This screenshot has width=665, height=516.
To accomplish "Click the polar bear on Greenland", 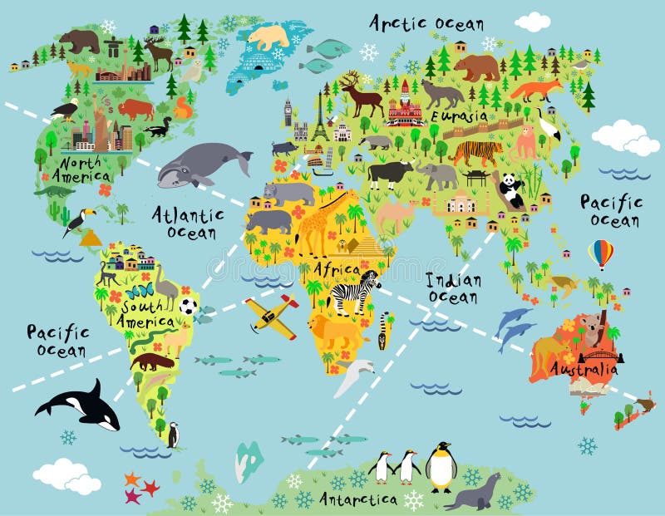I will (268, 36).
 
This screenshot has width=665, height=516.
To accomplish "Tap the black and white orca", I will (80, 405).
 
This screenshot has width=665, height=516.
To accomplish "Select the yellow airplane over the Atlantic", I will (272, 317).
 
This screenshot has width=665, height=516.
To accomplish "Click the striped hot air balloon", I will (600, 253).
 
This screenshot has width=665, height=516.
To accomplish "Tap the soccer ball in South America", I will (189, 306).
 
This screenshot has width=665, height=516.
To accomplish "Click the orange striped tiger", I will (475, 151).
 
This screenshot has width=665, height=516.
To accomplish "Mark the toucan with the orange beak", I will (78, 221).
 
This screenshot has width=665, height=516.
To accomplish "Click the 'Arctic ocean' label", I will (426, 22).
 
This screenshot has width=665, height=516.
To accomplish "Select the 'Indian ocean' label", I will (451, 287).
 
